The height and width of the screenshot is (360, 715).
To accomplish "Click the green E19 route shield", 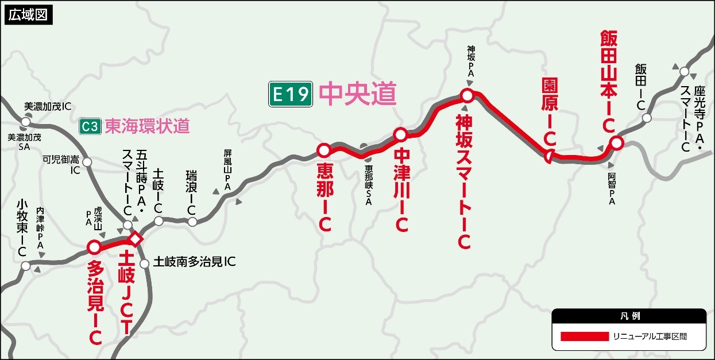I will [291, 94].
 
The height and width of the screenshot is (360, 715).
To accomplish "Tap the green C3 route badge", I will [90, 126].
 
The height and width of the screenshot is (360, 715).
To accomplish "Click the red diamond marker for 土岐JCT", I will [135, 238].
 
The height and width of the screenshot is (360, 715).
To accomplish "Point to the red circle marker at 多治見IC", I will [94, 247].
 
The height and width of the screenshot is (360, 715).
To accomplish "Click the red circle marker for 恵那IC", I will [323, 150].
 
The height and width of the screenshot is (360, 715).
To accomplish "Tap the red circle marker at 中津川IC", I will [400, 135].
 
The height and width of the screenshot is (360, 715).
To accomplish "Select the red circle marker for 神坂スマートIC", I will [467, 95].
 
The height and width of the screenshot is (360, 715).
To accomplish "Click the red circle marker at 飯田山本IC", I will [616, 143].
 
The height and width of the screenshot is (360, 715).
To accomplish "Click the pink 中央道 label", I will [357, 94].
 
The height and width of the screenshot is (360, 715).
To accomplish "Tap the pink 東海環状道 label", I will [147, 126].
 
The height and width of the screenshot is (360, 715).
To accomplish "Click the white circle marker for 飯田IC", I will [647, 118].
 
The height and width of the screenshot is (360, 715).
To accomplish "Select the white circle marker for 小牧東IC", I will [25, 266].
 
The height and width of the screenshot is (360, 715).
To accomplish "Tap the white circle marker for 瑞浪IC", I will [192, 222].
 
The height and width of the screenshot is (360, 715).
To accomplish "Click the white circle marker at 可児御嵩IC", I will [87, 162].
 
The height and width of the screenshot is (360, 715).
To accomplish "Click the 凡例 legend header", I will [629, 316].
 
